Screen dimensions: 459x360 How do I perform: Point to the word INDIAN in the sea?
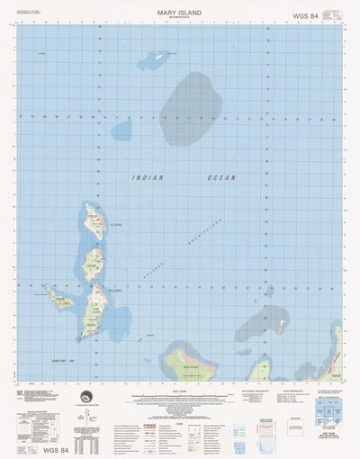[148, 178]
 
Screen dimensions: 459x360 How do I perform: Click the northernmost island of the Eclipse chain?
[93, 219]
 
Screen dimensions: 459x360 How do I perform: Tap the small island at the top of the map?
[163, 56]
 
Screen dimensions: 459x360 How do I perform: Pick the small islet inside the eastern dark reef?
[283, 322]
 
